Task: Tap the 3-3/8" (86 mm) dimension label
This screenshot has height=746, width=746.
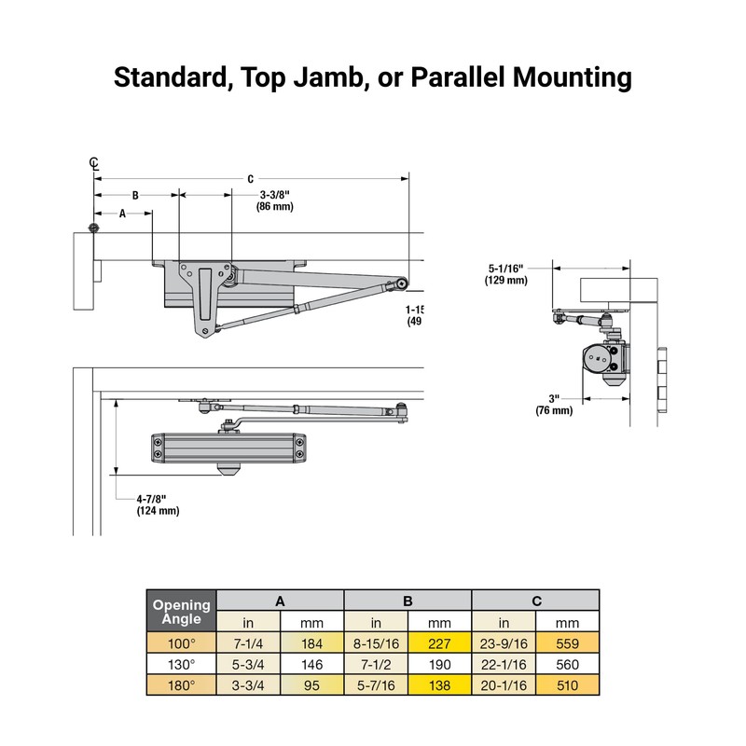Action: click(x=275, y=200)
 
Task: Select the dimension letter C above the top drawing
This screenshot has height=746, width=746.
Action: click(x=250, y=179)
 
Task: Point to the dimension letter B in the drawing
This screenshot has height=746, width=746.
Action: click(x=135, y=196)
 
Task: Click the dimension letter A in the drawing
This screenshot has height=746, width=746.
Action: click(x=121, y=214)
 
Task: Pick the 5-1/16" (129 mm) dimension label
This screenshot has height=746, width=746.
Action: click(x=506, y=273)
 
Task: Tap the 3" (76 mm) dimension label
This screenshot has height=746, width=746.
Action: click(x=554, y=405)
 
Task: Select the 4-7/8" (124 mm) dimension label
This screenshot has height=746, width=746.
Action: click(x=158, y=504)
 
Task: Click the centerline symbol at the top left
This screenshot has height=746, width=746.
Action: click(x=93, y=163)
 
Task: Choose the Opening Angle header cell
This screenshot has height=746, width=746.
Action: click(x=182, y=612)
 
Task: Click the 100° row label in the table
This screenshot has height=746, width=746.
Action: click(x=182, y=643)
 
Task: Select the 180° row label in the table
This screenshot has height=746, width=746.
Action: click(x=182, y=685)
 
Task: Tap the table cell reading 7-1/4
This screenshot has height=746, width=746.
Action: click(x=248, y=643)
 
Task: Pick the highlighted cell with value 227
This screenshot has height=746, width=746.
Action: click(x=440, y=643)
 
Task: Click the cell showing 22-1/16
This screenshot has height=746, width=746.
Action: click(x=504, y=665)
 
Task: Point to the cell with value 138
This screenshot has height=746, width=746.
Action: click(x=440, y=685)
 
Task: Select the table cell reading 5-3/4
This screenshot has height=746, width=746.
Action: click(x=248, y=665)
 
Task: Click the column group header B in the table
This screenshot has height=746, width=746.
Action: click(x=408, y=601)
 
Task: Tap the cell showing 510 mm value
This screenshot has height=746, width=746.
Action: click(x=567, y=685)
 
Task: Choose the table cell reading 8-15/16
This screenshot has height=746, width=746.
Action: click(x=376, y=643)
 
